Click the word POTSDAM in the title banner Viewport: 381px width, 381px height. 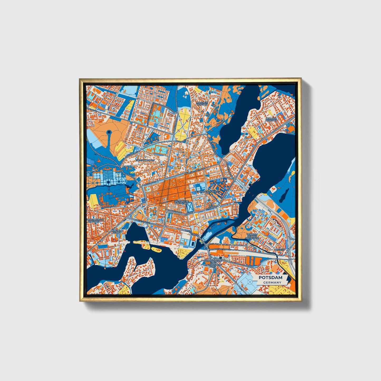(x=270, y=278)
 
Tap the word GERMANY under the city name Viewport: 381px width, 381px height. (x=272, y=283)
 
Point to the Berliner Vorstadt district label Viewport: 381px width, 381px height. (x=271, y=120)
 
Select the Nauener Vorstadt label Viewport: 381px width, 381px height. (x=202, y=104)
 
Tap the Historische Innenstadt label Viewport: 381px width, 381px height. (x=181, y=202)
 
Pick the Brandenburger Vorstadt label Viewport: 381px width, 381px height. (x=94, y=220)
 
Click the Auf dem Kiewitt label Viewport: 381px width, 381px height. (x=117, y=232)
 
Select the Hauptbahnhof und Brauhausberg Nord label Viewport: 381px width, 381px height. (x=213, y=263)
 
